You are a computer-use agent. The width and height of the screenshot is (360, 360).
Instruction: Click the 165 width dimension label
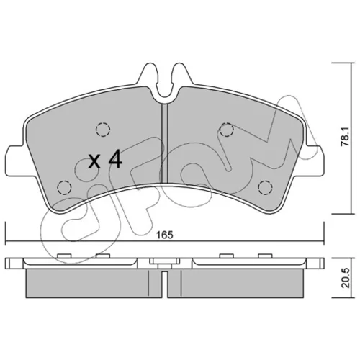164,235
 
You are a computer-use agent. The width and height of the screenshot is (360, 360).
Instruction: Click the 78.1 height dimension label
345,137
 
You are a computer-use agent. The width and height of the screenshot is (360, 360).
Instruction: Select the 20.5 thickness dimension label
345,278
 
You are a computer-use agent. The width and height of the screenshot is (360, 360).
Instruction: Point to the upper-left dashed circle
103,130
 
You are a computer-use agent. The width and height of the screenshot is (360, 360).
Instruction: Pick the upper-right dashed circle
226,130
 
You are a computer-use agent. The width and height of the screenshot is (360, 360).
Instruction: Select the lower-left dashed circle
65,186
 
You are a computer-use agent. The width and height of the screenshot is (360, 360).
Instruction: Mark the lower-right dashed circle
265,186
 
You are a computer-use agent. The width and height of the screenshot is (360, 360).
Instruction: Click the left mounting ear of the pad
17,160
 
